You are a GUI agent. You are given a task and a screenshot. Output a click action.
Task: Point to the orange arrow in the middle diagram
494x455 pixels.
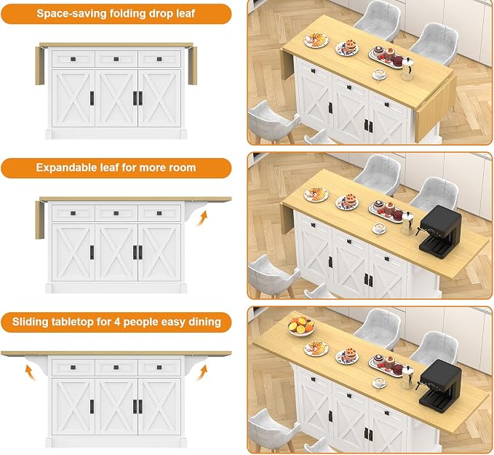click(x=202, y=218)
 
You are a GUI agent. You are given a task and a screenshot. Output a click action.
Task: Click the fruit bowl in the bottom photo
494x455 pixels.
click(x=301, y=326)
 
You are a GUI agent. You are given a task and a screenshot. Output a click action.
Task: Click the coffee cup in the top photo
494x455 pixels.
click(x=380, y=74)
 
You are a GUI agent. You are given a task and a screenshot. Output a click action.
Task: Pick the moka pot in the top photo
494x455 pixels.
click(x=406, y=68)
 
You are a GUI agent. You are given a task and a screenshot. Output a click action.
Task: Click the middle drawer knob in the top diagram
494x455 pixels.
click(x=116, y=59)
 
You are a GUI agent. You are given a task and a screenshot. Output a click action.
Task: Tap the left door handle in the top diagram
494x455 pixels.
click(x=92, y=98)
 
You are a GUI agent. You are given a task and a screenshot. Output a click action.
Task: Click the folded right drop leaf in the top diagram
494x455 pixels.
click(x=193, y=66)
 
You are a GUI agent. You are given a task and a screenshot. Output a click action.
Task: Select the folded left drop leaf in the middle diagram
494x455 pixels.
click(x=40, y=220)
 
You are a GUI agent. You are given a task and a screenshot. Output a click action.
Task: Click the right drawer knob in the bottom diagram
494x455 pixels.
click(x=159, y=368)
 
